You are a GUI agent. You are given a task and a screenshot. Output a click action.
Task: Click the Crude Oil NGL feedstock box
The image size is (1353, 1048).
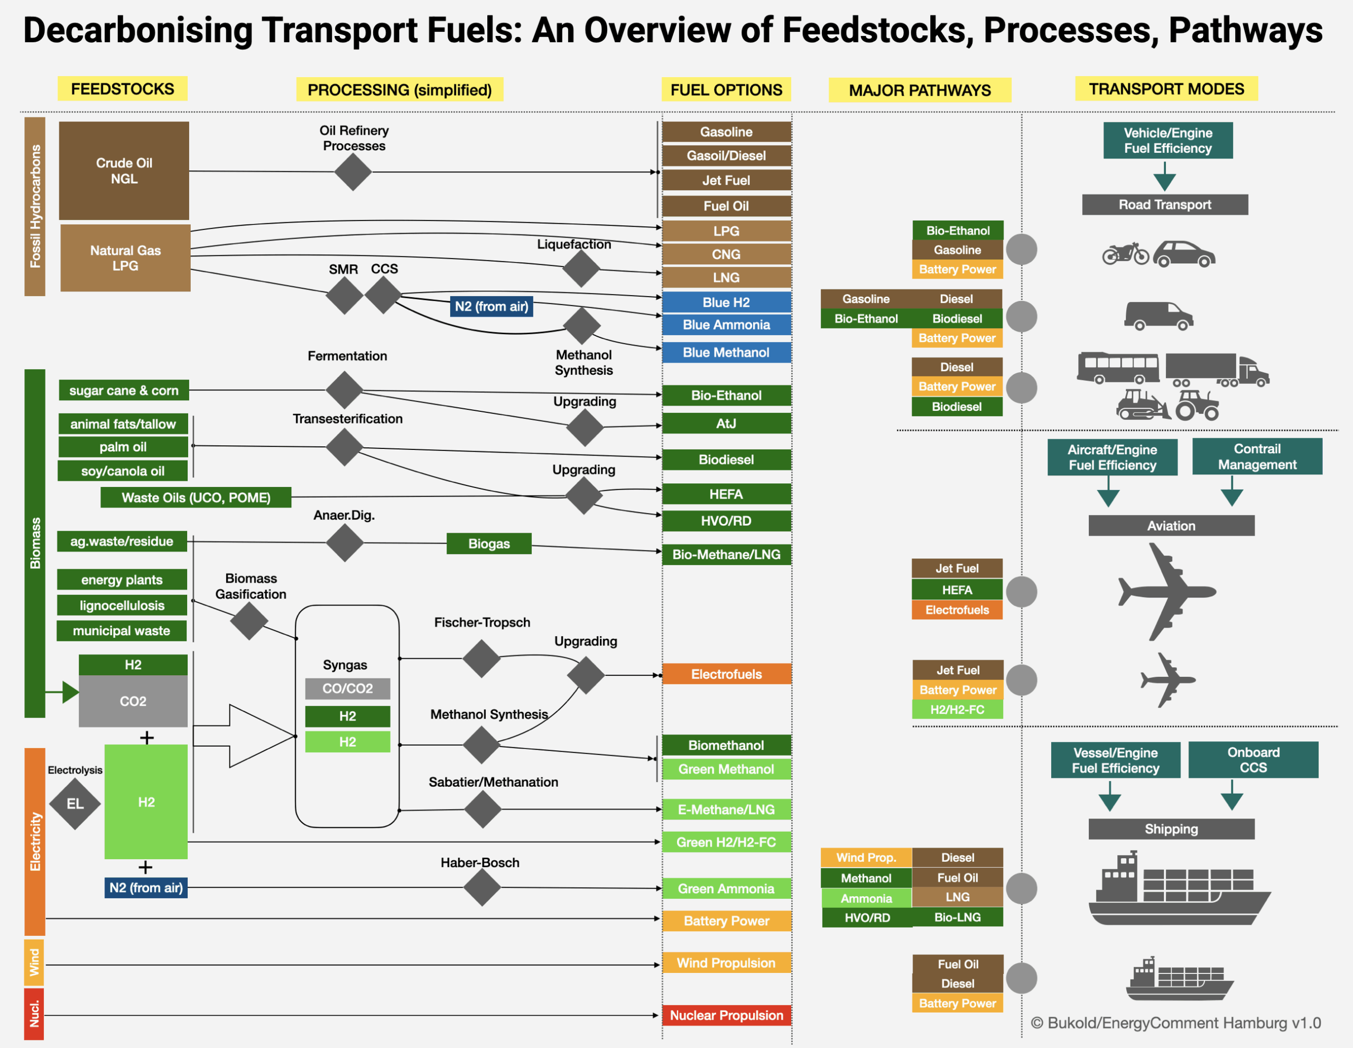pyautogui.click(x=124, y=170)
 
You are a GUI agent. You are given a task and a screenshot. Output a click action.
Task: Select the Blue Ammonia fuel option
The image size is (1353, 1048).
pyautogui.click(x=726, y=325)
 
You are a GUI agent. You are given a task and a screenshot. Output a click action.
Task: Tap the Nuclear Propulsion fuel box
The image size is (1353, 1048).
pyautogui.click(x=726, y=1015)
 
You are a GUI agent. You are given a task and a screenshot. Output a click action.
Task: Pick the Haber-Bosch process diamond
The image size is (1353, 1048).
pyautogui.click(x=481, y=887)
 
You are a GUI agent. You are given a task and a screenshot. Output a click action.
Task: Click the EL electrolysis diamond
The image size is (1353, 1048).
pyautogui.click(x=75, y=804)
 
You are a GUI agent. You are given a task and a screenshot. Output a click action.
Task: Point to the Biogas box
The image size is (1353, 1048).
pyautogui.click(x=489, y=544)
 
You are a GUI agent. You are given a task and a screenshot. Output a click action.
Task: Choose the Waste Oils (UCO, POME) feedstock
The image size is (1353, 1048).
pyautogui.click(x=196, y=498)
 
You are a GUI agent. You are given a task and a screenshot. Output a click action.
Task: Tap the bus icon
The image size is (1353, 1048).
pyautogui.click(x=1118, y=368)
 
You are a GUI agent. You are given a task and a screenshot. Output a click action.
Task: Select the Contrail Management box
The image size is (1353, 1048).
pyautogui.click(x=1257, y=457)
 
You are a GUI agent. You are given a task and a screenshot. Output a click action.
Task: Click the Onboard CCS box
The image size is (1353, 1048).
pyautogui.click(x=1253, y=760)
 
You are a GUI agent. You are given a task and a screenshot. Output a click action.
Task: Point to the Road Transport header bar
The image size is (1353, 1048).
pyautogui.click(x=1165, y=205)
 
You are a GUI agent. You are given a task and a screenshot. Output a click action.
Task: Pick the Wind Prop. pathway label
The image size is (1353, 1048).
pyautogui.click(x=866, y=858)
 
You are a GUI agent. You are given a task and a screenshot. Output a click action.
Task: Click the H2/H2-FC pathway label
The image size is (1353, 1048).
pyautogui.click(x=957, y=710)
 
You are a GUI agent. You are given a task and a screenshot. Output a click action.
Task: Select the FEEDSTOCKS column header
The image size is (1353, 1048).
pyautogui.click(x=123, y=89)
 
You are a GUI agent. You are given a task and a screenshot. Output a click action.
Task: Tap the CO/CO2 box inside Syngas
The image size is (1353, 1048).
pyautogui.click(x=348, y=688)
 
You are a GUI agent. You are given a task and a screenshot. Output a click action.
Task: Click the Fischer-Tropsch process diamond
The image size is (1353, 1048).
pyautogui.click(x=481, y=659)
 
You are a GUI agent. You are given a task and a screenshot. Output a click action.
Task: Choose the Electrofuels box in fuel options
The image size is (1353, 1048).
pyautogui.click(x=726, y=674)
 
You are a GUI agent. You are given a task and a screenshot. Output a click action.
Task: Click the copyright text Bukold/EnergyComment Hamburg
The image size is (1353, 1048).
pyautogui.click(x=1175, y=1023)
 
